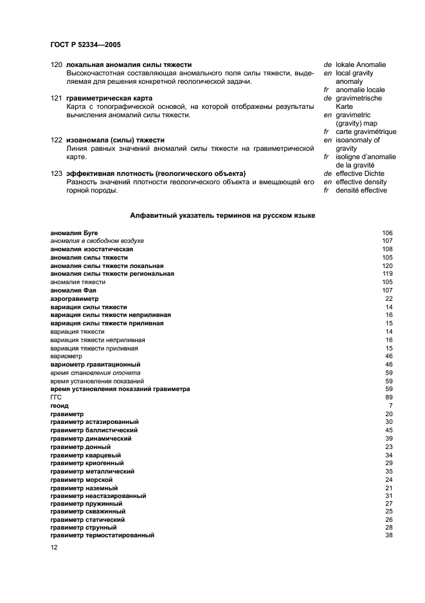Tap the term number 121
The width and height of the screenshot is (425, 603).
click(x=56, y=98)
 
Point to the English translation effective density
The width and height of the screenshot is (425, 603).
click(x=361, y=182)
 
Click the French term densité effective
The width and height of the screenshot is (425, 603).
click(x=361, y=190)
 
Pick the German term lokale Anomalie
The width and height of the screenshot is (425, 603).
click(x=361, y=64)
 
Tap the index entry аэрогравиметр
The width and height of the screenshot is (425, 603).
click(x=75, y=299)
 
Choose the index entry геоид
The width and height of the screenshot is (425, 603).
click(x=59, y=405)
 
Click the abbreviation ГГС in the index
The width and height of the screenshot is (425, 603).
click(x=56, y=397)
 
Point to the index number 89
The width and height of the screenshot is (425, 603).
click(x=388, y=397)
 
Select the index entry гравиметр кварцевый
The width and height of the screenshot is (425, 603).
click(x=86, y=455)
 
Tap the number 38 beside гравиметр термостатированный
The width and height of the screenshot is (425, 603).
click(x=388, y=535)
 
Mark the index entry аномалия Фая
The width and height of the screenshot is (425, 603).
click(x=73, y=291)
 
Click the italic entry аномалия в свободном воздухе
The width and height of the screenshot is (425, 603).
click(x=97, y=241)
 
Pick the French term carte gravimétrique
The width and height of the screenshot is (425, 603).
click(x=366, y=131)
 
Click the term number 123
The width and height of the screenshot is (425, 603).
click(x=56, y=173)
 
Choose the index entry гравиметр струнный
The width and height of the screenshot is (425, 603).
click(x=83, y=527)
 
